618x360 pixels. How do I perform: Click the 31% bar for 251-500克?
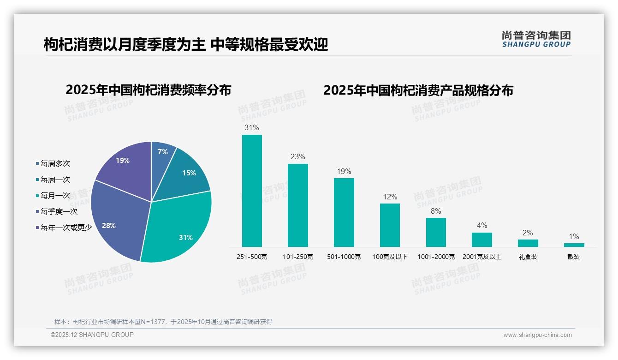252,191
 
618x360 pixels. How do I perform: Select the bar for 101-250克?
297,205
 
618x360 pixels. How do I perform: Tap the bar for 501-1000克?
344,212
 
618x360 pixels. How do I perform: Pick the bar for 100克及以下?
390,225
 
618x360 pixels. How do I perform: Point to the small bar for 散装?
574,245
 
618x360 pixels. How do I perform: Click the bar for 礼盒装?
528,243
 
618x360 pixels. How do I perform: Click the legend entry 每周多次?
55,164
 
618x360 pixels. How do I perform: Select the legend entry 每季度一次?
59,212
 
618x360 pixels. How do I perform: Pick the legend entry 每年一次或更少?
66,228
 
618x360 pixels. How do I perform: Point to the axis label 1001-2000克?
436,257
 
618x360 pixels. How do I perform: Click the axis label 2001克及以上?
481,257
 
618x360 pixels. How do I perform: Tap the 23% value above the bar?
297,156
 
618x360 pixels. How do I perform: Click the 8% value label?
436,211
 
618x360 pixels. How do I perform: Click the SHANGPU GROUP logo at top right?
536,39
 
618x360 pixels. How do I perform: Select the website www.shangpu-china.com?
537,335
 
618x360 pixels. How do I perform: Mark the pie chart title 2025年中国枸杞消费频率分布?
148,90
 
